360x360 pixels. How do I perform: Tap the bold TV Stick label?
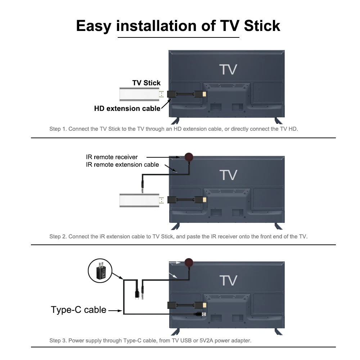(146, 83)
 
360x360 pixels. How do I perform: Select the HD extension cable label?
(127, 108)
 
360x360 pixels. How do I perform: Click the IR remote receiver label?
(112, 157)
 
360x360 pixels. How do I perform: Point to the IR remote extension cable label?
(122, 165)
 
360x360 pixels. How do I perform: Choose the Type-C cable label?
(78, 310)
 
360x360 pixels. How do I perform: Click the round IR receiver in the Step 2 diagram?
(189, 157)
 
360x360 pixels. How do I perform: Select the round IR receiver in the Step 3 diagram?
(189, 262)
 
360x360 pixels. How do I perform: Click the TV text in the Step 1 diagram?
(228, 69)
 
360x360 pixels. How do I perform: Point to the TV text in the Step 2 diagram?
(228, 175)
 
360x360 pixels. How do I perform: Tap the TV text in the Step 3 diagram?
(228, 280)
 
